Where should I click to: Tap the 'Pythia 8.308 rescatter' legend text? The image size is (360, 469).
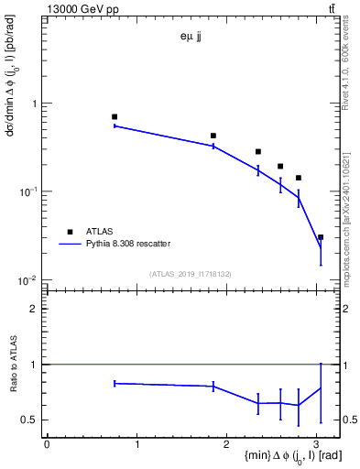pyautogui.click(x=129, y=244)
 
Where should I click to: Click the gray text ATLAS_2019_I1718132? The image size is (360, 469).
pyautogui.click(x=191, y=273)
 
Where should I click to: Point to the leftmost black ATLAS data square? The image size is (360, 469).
pyautogui.click(x=115, y=116)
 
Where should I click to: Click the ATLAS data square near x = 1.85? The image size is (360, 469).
pyautogui.click(x=213, y=136)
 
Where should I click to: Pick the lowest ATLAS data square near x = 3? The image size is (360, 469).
pyautogui.click(x=321, y=236)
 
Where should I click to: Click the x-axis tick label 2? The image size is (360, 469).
pyautogui.click(x=228, y=445)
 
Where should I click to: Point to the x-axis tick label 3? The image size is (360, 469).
pyautogui.click(x=319, y=445)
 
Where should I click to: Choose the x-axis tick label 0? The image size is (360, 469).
pyautogui.click(x=47, y=445)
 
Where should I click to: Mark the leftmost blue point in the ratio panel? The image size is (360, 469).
pyautogui.click(x=115, y=383)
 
